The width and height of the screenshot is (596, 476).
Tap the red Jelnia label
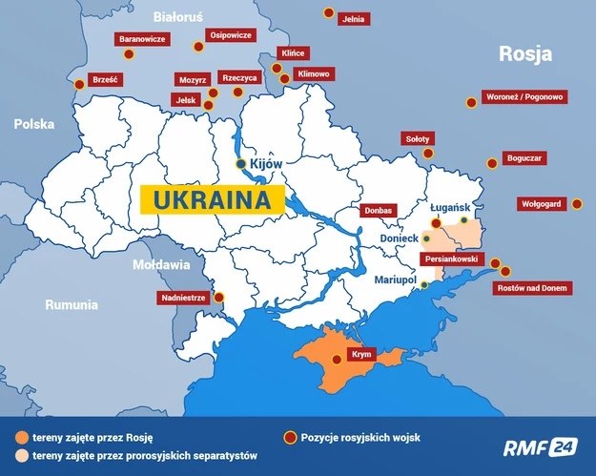pos(356,18)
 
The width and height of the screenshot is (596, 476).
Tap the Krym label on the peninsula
pos(360,355)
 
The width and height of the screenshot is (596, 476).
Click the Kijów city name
pos(267,165)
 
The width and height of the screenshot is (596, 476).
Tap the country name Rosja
pos(525,54)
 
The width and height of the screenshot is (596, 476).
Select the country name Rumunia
pos(71,305)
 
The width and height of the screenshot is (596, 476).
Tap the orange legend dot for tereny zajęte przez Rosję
pos(21,437)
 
